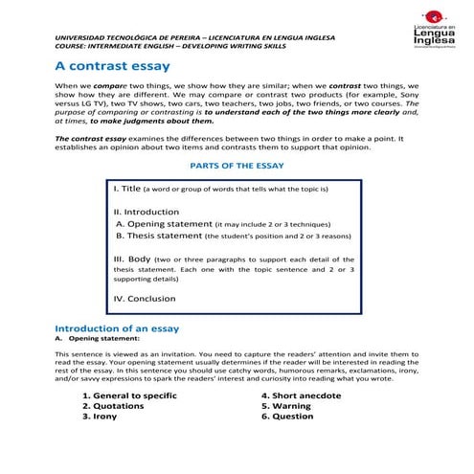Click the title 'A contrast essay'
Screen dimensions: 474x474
(x=112, y=66)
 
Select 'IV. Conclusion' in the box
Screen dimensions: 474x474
(x=145, y=298)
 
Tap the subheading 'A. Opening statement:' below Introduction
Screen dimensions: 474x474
(x=90, y=338)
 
